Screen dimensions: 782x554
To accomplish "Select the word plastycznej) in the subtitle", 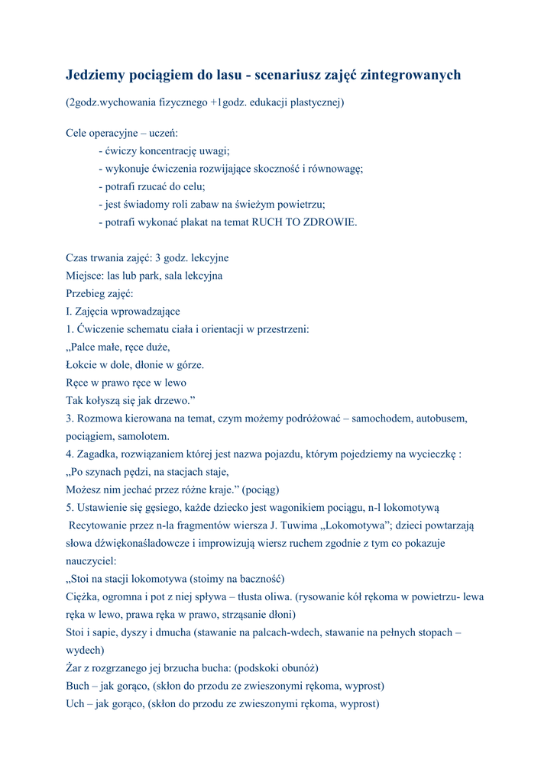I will pyautogui.click(x=316, y=102).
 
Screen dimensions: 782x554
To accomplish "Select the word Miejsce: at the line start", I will pyautogui.click(x=85, y=276).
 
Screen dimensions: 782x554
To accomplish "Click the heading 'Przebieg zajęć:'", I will pyautogui.click(x=99, y=293).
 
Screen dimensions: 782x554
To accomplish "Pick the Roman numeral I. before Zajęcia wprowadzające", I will pyautogui.click(x=69, y=312).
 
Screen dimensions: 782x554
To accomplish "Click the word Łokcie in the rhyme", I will pyautogui.click(x=81, y=365).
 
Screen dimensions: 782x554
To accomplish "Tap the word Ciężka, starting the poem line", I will pyautogui.click(x=83, y=596).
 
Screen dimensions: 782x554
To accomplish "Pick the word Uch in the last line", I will pyautogui.click(x=76, y=703).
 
